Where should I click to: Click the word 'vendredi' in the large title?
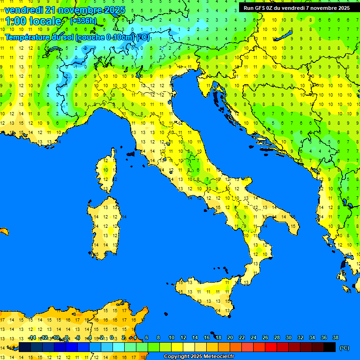(24, 10)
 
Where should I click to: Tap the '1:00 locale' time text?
(33, 21)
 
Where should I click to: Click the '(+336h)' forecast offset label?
(84, 21)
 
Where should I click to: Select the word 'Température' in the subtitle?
(27, 37)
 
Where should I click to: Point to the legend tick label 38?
(335, 337)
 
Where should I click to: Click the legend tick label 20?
(230, 337)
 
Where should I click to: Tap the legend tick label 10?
(171, 337)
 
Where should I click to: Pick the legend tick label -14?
(31, 337)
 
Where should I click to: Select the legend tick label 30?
(288, 337)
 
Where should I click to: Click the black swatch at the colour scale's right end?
(330, 347)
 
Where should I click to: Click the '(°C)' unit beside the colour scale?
(344, 347)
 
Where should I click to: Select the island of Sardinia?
(105, 225)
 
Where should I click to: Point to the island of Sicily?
(204, 293)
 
